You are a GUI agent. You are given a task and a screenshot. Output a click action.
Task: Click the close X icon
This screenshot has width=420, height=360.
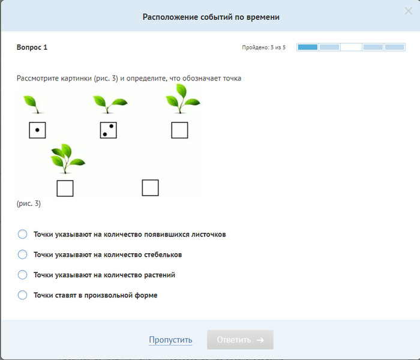click(x=408, y=11)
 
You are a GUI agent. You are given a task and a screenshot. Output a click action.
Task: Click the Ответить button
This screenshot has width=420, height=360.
click(x=240, y=340)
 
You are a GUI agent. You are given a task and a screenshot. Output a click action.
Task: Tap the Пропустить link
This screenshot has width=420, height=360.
click(x=170, y=340)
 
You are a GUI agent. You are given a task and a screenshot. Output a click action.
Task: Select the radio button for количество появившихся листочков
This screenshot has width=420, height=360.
click(x=23, y=234)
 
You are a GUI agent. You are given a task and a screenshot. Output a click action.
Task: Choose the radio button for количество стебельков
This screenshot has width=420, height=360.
click(x=23, y=254)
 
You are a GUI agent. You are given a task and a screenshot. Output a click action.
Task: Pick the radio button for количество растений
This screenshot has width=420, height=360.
click(x=23, y=275)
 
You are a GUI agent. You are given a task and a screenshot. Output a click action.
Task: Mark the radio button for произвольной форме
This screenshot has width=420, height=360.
click(x=23, y=295)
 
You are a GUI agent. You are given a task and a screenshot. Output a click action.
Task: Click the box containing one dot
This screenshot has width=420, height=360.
click(x=37, y=130)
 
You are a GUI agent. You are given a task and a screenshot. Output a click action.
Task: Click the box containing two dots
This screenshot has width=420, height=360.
click(x=108, y=130)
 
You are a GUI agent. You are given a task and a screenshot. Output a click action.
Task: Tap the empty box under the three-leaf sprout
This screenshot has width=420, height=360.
click(x=179, y=130)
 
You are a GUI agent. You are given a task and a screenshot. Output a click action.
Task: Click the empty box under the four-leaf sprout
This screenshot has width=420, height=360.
click(x=65, y=188)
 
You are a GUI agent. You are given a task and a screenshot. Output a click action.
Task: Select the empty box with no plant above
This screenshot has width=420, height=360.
click(x=150, y=188)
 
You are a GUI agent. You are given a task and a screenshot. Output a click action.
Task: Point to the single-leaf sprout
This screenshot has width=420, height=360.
click(x=33, y=104)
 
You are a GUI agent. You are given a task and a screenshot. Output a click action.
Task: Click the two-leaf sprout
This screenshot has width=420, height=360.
click(x=110, y=104)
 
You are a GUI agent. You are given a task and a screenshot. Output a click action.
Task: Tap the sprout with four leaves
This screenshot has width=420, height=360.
click(x=67, y=158)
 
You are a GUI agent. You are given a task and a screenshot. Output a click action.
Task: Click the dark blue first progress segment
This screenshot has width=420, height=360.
click(x=308, y=47)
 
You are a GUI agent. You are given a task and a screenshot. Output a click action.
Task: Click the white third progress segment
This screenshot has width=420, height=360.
click(x=351, y=47)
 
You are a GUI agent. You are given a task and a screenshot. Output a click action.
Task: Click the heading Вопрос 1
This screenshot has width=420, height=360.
click(x=32, y=47)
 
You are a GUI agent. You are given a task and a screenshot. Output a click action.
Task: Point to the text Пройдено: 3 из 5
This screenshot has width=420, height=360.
click(x=264, y=47)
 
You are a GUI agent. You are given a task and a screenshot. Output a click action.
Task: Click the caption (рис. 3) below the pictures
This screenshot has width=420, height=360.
click(x=29, y=203)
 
